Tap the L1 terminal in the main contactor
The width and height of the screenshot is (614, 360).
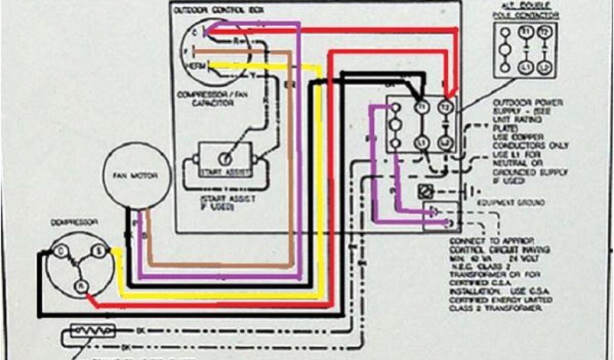point(422,143)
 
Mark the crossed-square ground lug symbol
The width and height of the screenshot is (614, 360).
point(424,192)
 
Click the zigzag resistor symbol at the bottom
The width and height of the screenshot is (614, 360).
point(91,331)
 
